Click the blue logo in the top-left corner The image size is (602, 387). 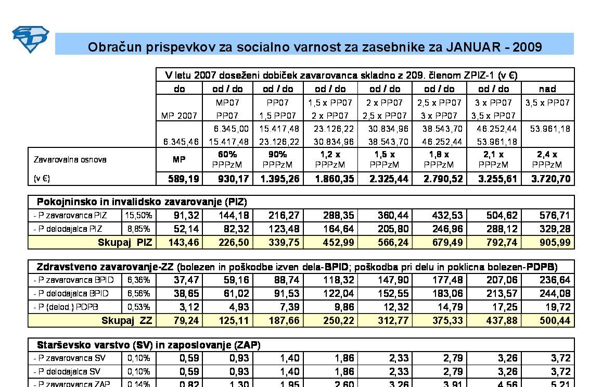pos(30,40)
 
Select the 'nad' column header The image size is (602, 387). pos(547,89)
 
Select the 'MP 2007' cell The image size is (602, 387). pos(179,116)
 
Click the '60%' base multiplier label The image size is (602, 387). pos(228,155)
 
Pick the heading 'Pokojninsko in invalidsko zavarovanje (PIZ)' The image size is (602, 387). pos(142,202)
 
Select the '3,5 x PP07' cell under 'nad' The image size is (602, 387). pos(547,103)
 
